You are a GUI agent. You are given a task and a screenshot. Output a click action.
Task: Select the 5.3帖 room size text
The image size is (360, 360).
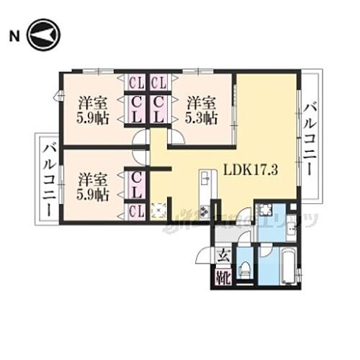click(201, 117)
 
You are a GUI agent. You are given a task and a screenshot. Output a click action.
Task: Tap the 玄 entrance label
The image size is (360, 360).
click(223, 254)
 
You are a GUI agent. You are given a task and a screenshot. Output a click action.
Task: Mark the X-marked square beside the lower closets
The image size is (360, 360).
click(158, 210)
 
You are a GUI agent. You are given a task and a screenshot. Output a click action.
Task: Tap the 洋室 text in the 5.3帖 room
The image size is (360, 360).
click(201, 102)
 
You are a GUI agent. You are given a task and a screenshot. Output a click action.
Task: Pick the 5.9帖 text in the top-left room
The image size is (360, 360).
click(94, 118)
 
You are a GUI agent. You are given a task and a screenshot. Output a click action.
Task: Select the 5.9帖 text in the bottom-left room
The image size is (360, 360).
click(94, 194)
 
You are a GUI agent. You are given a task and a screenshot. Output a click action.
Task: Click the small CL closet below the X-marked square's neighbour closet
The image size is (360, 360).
click(135, 211)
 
